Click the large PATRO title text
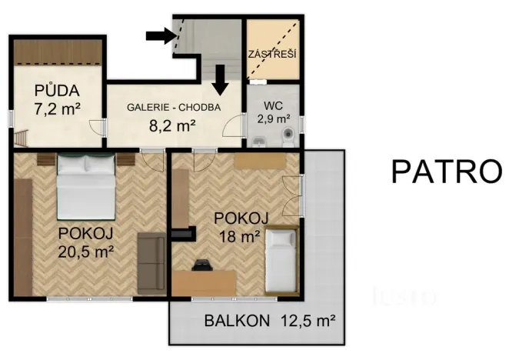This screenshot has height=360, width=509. click(446, 171)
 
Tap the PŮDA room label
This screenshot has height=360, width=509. click(57, 89)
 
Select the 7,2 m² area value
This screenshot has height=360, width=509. click(57, 108)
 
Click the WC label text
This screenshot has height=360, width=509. click(274, 105)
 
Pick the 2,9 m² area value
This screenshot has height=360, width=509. click(274, 118)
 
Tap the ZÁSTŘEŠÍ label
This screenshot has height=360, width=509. click(272, 55)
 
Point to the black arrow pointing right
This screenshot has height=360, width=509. click(161, 35)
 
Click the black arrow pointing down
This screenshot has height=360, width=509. click(220, 78)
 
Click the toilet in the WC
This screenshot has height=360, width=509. click(288, 137)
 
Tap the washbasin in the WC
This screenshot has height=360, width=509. click(259, 140)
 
